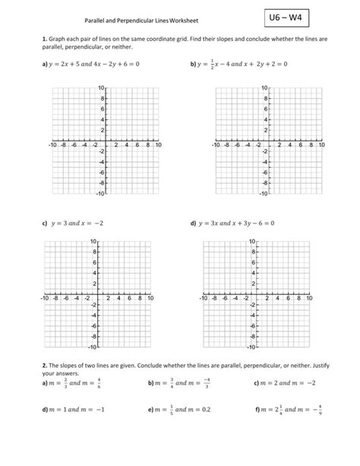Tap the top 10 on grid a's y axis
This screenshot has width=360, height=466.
coord(101,89)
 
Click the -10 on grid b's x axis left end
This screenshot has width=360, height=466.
coord(217,144)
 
